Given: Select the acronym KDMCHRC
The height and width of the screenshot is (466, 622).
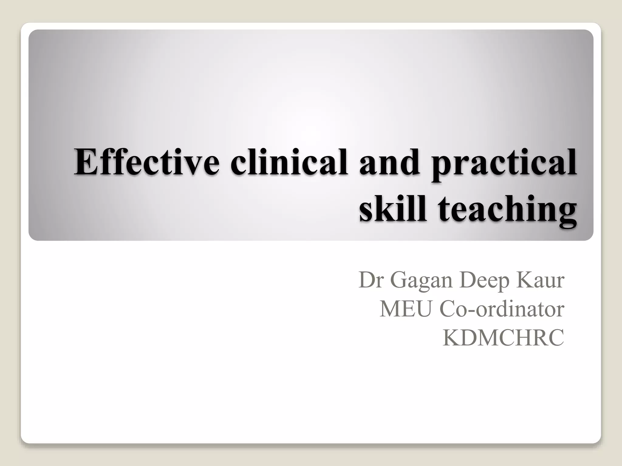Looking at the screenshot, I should pos(503,338).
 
